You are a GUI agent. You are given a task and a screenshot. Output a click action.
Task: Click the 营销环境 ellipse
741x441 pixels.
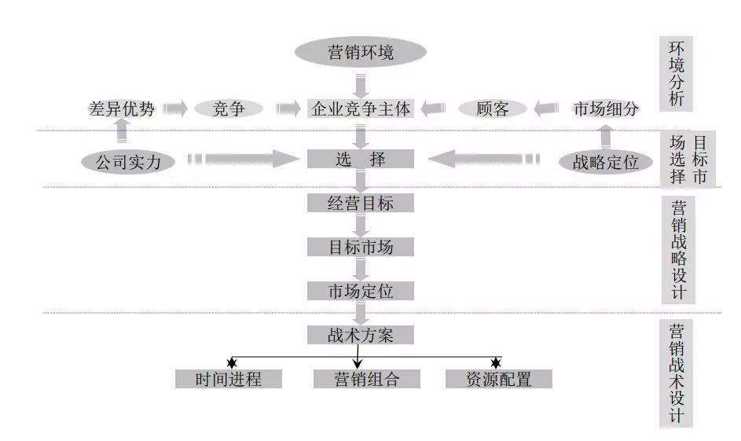point(361,53)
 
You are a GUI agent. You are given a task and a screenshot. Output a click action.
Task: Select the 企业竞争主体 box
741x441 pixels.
point(361,108)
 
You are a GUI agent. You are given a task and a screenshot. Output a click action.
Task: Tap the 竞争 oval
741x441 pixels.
point(228,108)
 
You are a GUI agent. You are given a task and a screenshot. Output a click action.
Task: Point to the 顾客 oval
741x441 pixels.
point(493,108)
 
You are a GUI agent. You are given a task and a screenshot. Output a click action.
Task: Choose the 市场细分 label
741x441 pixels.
point(605,108)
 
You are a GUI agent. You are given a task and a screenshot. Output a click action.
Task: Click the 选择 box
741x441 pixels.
point(361,159)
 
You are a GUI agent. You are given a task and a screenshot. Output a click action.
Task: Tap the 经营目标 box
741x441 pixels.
point(361,203)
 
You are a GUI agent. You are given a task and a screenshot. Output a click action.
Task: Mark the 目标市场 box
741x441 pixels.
point(361,247)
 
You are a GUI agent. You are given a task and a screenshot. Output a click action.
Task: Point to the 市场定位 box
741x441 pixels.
point(361,291)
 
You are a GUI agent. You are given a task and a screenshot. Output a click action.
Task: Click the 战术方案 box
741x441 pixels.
point(361,335)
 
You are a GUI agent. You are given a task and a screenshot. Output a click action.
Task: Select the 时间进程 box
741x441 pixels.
point(228,379)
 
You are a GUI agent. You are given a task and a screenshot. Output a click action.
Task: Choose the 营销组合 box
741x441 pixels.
point(357,379)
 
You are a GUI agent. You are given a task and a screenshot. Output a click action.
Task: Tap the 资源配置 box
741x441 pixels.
point(499,379)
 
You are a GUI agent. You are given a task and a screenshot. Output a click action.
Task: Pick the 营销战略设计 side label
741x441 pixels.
point(677,249)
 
